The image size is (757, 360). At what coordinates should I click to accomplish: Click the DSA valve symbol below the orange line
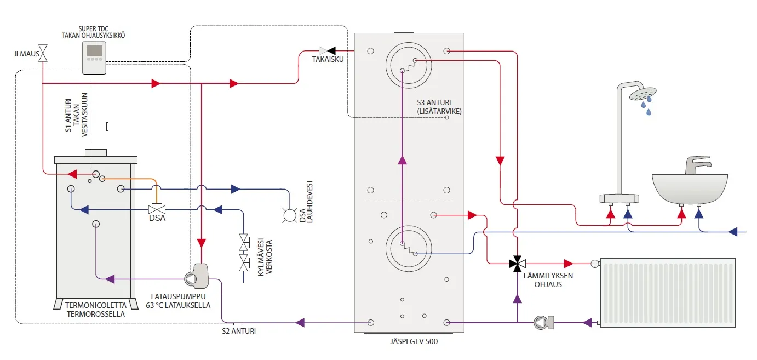158,209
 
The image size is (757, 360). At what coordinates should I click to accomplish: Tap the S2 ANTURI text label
239,332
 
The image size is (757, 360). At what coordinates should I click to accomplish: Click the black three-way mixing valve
516,264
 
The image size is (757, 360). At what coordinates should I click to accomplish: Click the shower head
643,94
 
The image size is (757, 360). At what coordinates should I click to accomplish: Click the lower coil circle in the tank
408,248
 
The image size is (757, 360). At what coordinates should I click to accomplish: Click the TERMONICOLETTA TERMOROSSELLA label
95,310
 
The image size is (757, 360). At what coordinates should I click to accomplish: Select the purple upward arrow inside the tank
403,159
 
